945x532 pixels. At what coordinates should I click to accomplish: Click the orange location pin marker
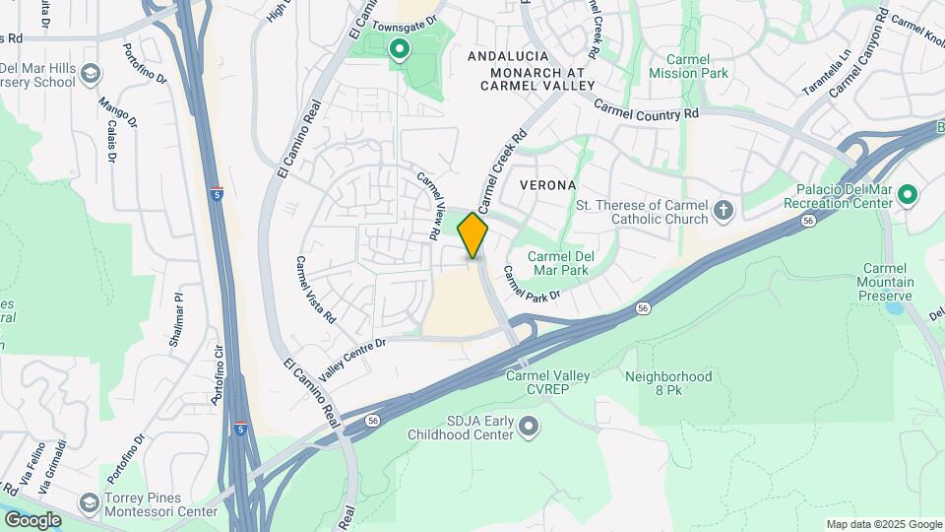[x=472, y=234]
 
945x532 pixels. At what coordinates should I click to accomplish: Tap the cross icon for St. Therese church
[x=724, y=210]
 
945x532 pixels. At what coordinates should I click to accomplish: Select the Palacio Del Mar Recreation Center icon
[x=907, y=196]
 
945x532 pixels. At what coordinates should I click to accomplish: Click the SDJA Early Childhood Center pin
[x=530, y=427]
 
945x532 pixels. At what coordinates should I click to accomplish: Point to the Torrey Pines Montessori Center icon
[x=90, y=503]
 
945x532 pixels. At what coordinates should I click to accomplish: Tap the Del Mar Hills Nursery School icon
[x=91, y=75]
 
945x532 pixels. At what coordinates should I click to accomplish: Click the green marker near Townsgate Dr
[x=399, y=49]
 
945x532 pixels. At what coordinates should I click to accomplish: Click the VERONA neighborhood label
[x=540, y=185]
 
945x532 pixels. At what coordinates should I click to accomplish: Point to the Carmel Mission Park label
[x=688, y=66]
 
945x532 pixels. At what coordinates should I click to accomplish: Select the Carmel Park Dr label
[x=531, y=284]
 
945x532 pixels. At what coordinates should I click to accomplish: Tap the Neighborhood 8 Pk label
[x=667, y=383]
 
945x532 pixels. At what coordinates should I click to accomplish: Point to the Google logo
[x=33, y=519]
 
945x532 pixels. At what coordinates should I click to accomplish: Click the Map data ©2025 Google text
[x=883, y=524]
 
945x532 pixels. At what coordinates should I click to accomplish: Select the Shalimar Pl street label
[x=177, y=319]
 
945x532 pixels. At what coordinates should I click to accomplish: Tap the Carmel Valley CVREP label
[x=547, y=382]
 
